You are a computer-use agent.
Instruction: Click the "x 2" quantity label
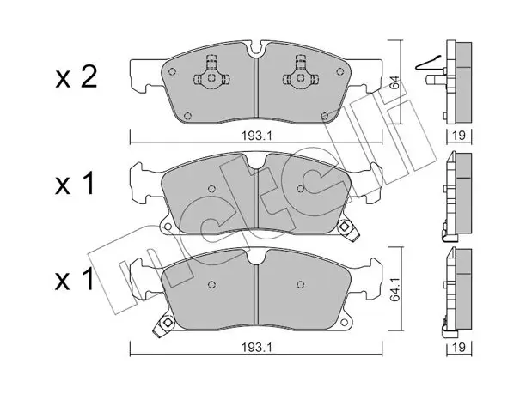[x=76, y=77]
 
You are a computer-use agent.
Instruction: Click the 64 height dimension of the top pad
[x=396, y=82]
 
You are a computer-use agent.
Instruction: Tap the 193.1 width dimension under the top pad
[x=256, y=136]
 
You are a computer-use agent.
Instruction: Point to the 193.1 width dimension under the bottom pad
[x=256, y=348]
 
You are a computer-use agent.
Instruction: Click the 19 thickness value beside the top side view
[x=459, y=136]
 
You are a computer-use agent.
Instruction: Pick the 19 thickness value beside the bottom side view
[x=459, y=348]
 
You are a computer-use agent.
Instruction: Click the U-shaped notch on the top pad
[x=256, y=49]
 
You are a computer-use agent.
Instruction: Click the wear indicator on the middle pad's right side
[x=346, y=230]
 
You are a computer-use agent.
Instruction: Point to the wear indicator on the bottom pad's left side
[x=163, y=325]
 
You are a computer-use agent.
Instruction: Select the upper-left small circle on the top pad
[x=173, y=72]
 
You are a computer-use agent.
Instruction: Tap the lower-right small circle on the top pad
[x=324, y=116]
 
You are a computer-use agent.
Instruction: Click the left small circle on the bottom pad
[x=211, y=284]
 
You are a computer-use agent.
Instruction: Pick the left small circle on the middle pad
[x=211, y=189]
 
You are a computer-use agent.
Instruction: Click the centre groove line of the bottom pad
[x=256, y=294]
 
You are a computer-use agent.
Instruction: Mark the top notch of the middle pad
[x=256, y=161]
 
